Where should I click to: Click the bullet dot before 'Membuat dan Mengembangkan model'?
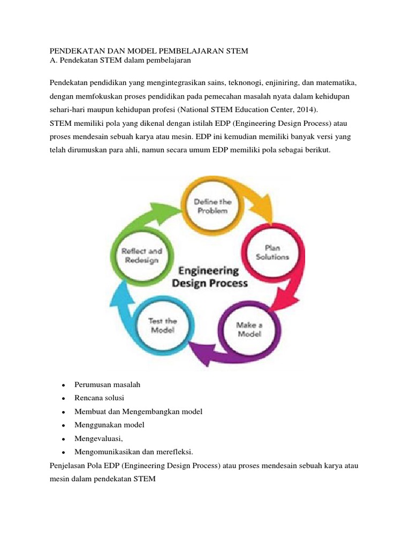click(63, 412)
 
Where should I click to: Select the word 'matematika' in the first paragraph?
click(334, 83)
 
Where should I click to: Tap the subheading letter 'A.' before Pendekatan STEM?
click(52, 61)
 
